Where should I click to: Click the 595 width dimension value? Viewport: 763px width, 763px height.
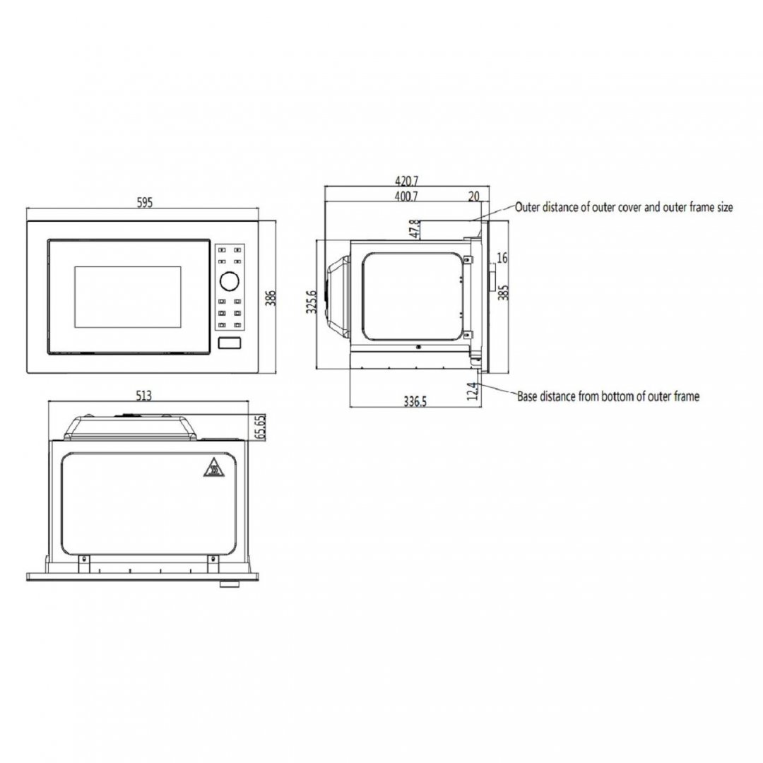pyautogui.click(x=145, y=203)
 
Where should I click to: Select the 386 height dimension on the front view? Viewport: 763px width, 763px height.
pyautogui.click(x=271, y=298)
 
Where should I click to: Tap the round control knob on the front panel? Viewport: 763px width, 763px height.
pyautogui.click(x=229, y=280)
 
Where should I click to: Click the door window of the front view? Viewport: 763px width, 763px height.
pyautogui.click(x=127, y=297)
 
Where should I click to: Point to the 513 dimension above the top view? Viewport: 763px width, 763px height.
pyautogui.click(x=144, y=396)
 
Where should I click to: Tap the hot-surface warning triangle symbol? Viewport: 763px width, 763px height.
pyautogui.click(x=213, y=468)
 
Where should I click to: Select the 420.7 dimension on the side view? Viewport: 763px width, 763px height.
pyautogui.click(x=406, y=181)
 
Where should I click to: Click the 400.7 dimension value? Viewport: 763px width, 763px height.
pyautogui.click(x=406, y=196)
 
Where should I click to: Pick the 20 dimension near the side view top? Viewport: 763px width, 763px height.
pyautogui.click(x=473, y=196)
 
